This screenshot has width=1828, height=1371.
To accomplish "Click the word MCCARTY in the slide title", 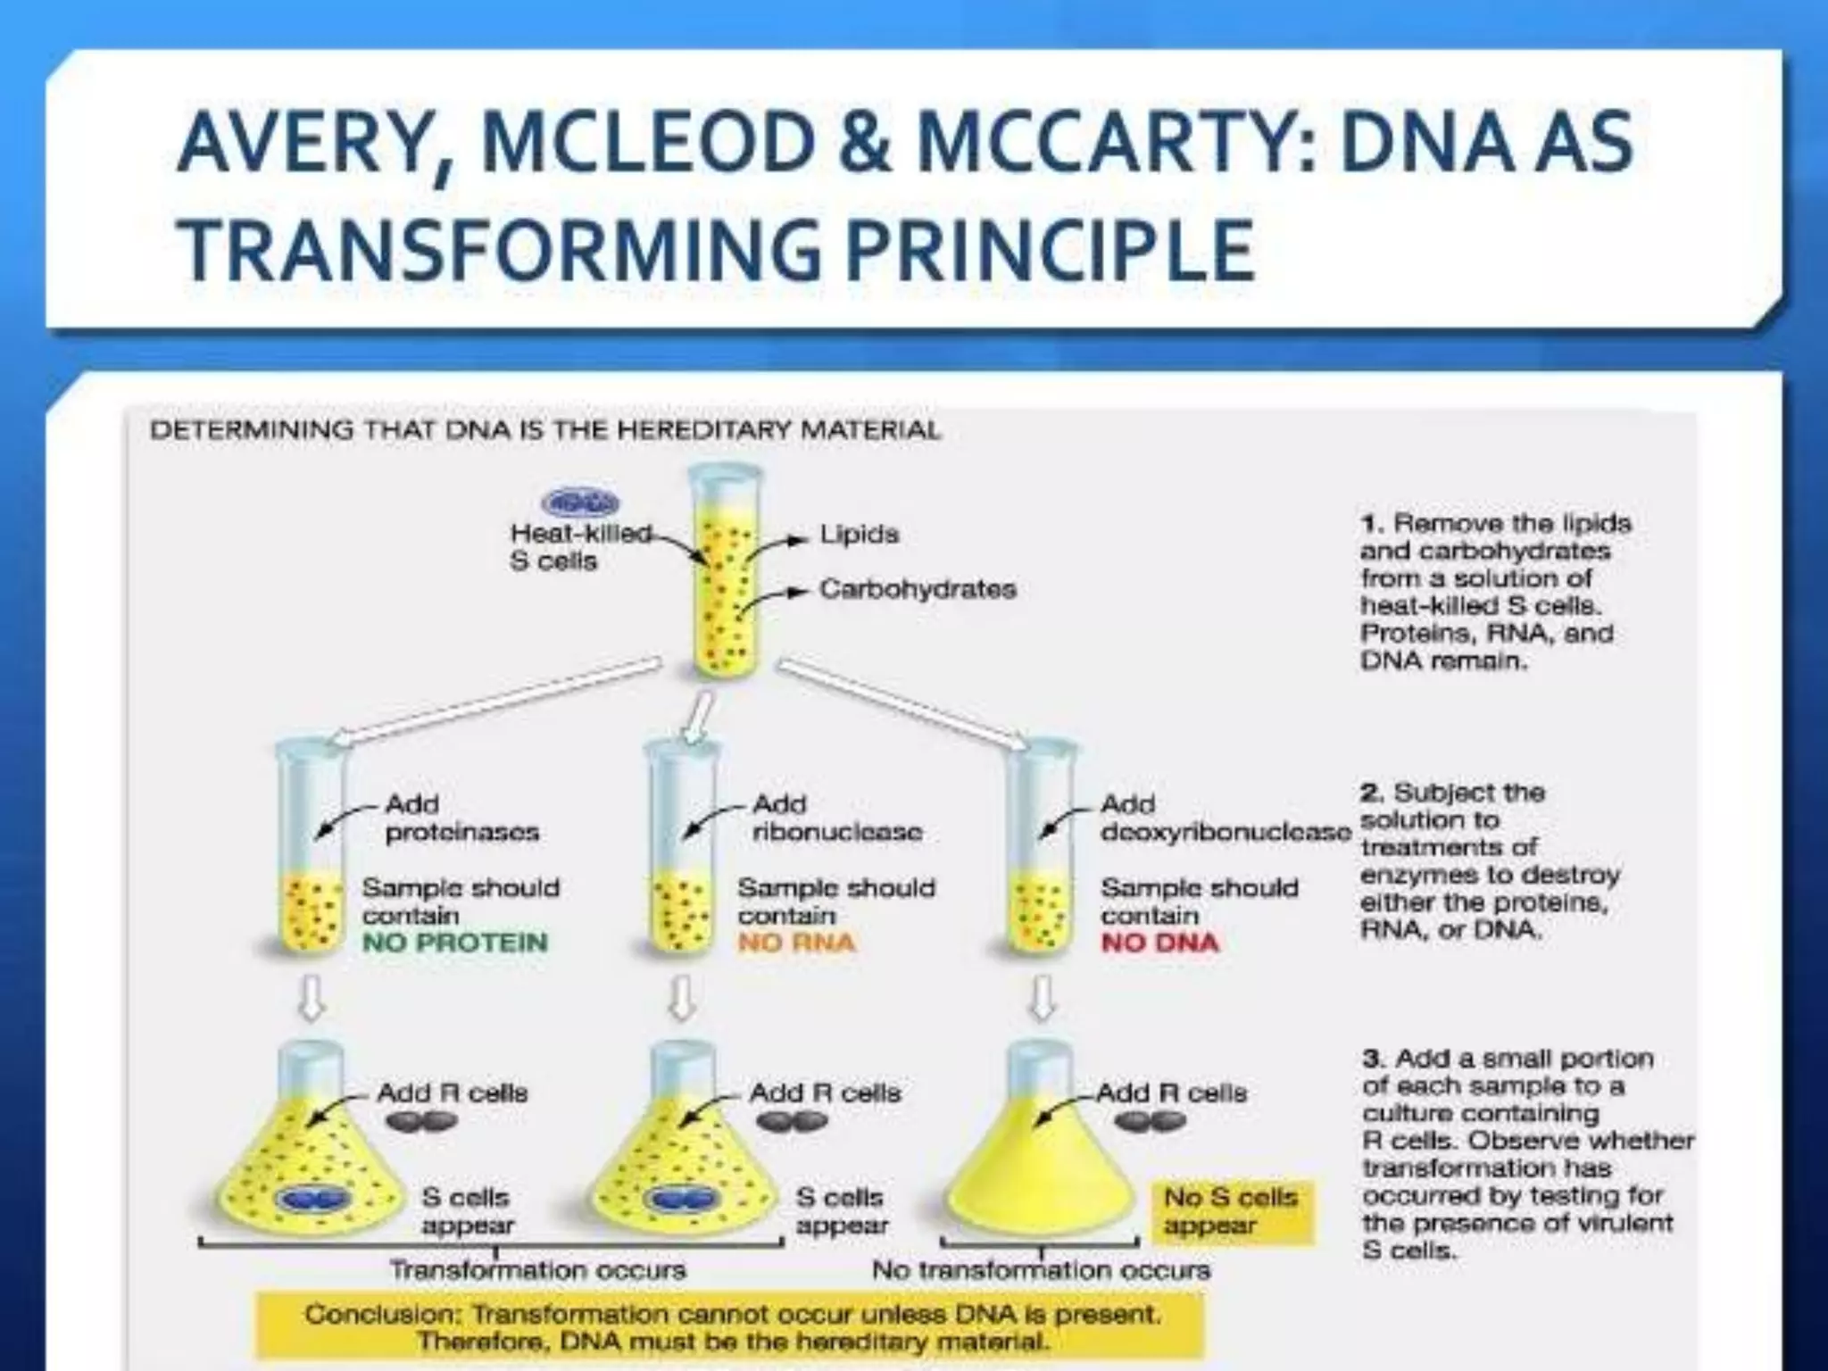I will pos(1115,143).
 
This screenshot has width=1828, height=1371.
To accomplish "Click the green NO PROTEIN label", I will pos(454,943).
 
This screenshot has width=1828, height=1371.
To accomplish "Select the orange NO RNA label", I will pos(796,943).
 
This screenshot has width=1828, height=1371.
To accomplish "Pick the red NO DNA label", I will pos(1159,943).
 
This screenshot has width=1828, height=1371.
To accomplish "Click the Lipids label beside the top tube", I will pos(859,535).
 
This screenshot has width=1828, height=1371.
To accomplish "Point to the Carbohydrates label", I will pos(918,589).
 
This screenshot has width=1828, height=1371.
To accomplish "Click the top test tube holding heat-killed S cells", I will pos(724,571).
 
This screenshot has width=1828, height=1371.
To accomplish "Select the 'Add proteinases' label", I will pos(461,818).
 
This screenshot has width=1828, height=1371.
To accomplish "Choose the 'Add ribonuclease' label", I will pos(836,818).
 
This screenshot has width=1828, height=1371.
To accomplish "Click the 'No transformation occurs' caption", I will pos(1041,1269).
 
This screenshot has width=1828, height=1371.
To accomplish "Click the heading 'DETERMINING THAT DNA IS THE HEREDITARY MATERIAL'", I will pos(544,430).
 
